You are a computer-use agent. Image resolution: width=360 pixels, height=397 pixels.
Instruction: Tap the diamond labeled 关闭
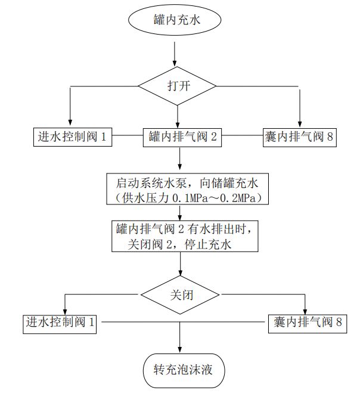click(x=179, y=294)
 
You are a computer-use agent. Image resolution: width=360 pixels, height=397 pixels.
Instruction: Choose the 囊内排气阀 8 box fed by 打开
click(x=300, y=137)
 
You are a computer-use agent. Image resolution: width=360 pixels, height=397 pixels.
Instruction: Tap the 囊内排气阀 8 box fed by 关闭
click(x=305, y=322)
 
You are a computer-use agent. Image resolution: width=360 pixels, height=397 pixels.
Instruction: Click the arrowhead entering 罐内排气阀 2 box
click(x=178, y=123)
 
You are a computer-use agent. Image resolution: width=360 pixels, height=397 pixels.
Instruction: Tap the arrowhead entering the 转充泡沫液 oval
click(x=179, y=350)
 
